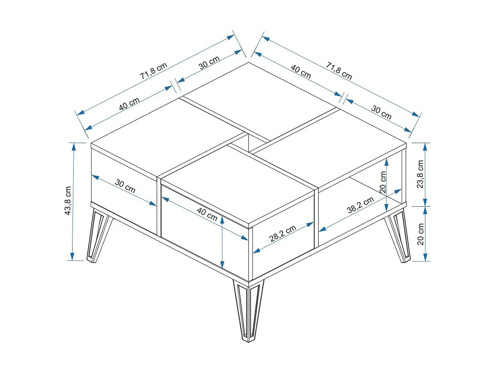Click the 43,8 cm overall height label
click(x=68, y=201)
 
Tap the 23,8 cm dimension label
click(x=420, y=174)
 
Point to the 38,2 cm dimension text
click(x=360, y=205)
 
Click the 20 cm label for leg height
click(x=421, y=234)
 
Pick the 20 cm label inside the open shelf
click(x=383, y=182)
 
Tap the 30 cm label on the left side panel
click(x=125, y=186)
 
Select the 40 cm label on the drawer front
click(x=207, y=214)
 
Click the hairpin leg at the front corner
click(x=249, y=311)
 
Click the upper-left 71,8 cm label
click(x=153, y=71)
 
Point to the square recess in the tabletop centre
click(x=249, y=142)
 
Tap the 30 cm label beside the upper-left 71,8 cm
click(x=209, y=62)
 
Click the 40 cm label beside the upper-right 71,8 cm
click(x=301, y=72)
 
